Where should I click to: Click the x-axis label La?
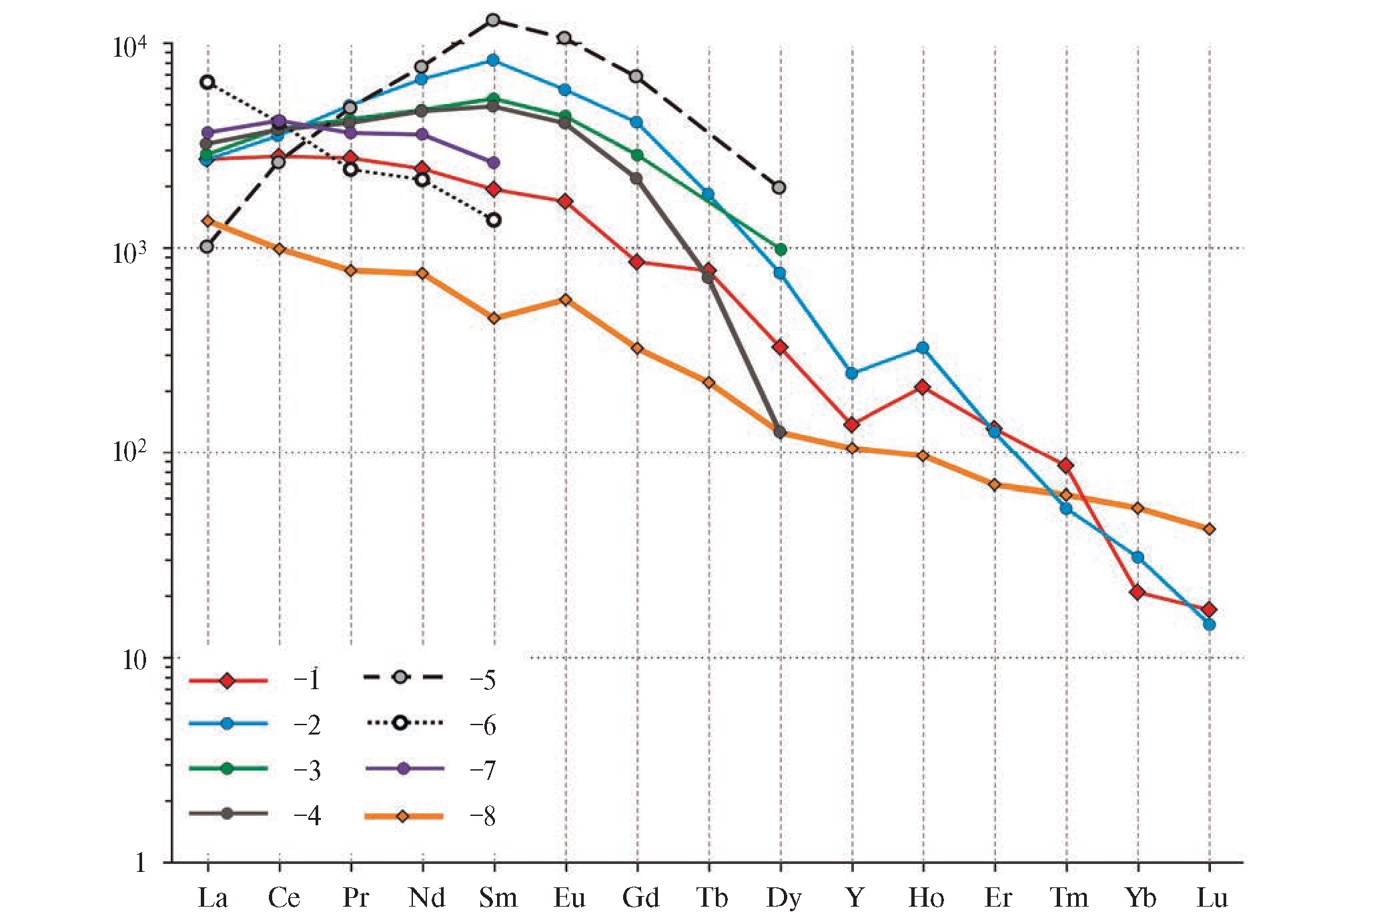[x=212, y=897]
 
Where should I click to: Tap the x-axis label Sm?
[x=498, y=897]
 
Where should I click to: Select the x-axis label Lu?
[x=1212, y=897]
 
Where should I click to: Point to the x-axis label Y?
[x=855, y=897]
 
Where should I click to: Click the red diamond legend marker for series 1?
[x=227, y=680]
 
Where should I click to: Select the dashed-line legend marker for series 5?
[x=400, y=678]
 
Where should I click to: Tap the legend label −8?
[x=482, y=816]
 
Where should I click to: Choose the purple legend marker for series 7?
[x=403, y=769]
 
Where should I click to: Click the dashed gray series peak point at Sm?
[x=493, y=20]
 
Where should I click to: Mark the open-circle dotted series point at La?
[x=207, y=82]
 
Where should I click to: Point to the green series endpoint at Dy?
[x=781, y=249]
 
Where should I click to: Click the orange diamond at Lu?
[x=1209, y=529]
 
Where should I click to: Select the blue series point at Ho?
[x=923, y=348]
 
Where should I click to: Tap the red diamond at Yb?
[x=1137, y=592]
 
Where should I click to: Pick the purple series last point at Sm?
[x=494, y=163]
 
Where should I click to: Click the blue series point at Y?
[x=851, y=373]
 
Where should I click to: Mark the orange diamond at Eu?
[x=565, y=300]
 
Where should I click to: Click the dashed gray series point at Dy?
[x=779, y=187]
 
